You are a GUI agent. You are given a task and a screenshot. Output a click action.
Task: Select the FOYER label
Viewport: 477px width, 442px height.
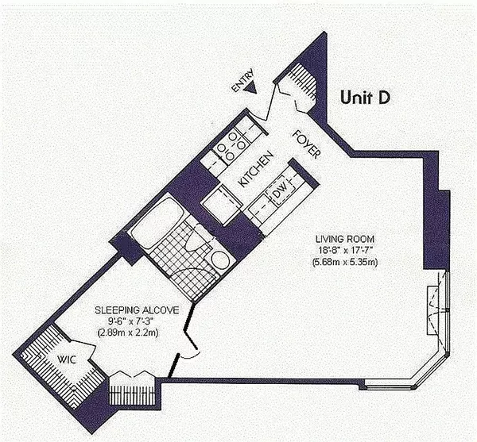(305, 144)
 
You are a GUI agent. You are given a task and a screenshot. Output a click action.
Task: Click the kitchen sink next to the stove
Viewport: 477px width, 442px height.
(212, 161)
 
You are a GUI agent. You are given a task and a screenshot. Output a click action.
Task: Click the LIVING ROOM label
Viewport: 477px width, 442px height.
(344, 239)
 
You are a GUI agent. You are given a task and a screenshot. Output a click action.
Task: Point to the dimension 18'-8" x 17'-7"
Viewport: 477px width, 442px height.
(344, 250)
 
